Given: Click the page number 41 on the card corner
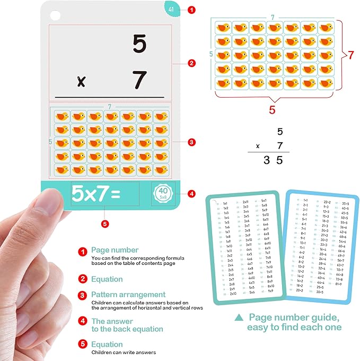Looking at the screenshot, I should (171, 9).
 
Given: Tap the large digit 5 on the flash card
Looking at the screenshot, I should (139, 44).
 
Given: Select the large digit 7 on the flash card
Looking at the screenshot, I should (139, 80).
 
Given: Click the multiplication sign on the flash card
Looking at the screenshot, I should (81, 82).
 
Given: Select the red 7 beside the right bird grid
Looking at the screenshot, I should (350, 55).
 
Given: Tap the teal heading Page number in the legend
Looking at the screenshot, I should (115, 250).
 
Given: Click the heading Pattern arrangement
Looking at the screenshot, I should (128, 294).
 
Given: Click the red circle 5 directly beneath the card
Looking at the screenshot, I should (105, 224).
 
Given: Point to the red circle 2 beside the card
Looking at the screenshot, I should (191, 63).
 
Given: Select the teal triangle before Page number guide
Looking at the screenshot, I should (239, 317).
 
